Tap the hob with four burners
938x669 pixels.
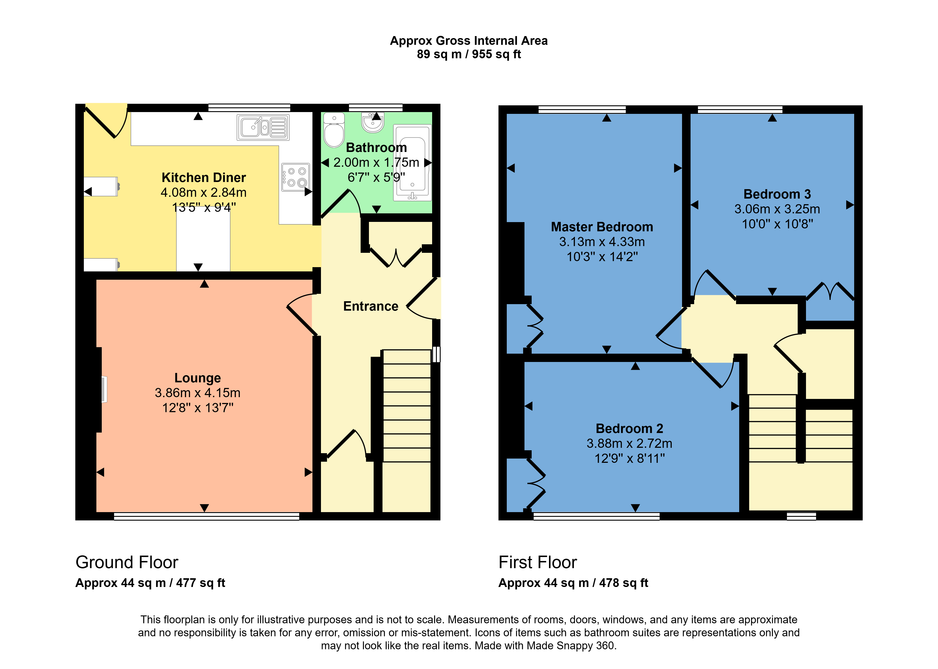[x=295, y=177]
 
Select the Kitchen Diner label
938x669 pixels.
[x=204, y=178]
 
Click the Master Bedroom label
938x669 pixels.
[x=602, y=227]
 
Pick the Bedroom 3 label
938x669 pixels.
[x=777, y=194]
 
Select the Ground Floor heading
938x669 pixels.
[x=127, y=562]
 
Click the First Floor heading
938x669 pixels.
[x=538, y=562]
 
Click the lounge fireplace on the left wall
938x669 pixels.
[x=104, y=389]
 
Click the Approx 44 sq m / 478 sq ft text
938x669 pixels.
[x=573, y=583]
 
